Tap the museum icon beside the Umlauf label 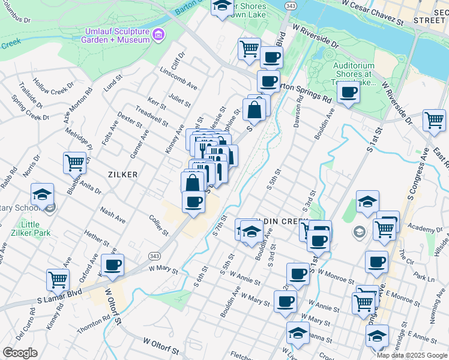pos(158,34)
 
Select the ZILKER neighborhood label pos(122,175)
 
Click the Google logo pos(20,353)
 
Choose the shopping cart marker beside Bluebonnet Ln pos(75,161)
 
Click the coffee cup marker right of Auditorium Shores pos(348,92)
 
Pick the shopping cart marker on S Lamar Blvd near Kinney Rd pos(58,278)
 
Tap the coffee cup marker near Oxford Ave pos(112,264)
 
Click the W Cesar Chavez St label pos(372,14)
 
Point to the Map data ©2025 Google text pos(412,355)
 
